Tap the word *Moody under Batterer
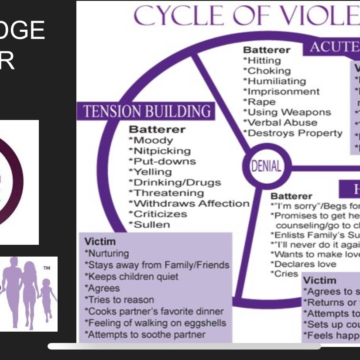tap(151, 141)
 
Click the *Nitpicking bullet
tap(160, 151)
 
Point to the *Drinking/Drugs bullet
tap(175, 182)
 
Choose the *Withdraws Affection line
tap(189, 203)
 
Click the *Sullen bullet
tap(149, 225)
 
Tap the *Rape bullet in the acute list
tap(260, 102)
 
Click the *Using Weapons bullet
tap(287, 112)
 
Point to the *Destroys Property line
tap(293, 133)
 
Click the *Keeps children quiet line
tap(131, 277)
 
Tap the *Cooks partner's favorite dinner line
tap(154, 312)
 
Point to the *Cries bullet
tap(284, 274)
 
